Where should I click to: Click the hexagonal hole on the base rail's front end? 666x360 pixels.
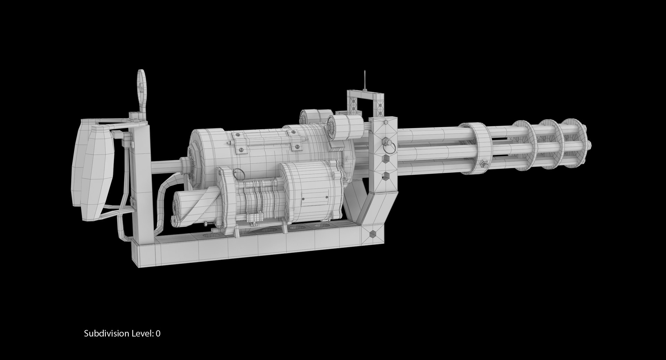[x=372, y=233]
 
